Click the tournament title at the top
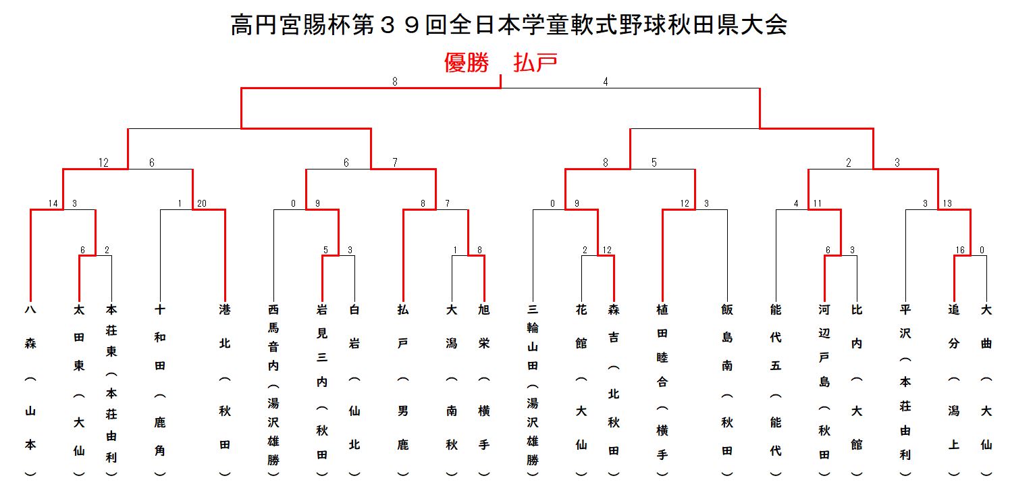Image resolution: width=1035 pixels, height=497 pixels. pos(508,25)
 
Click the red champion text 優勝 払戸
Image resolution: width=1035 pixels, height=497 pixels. pos(500,62)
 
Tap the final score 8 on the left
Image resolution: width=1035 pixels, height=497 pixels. pos(394,82)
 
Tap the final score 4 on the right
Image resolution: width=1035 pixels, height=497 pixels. pos(606,82)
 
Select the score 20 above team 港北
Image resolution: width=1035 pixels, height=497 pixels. pos(202,203)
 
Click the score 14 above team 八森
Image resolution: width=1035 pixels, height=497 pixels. pos(53,203)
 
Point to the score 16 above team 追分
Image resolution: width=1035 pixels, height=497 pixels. pos(960,250)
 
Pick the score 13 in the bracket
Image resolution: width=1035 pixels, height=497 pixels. pos(947,203)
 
